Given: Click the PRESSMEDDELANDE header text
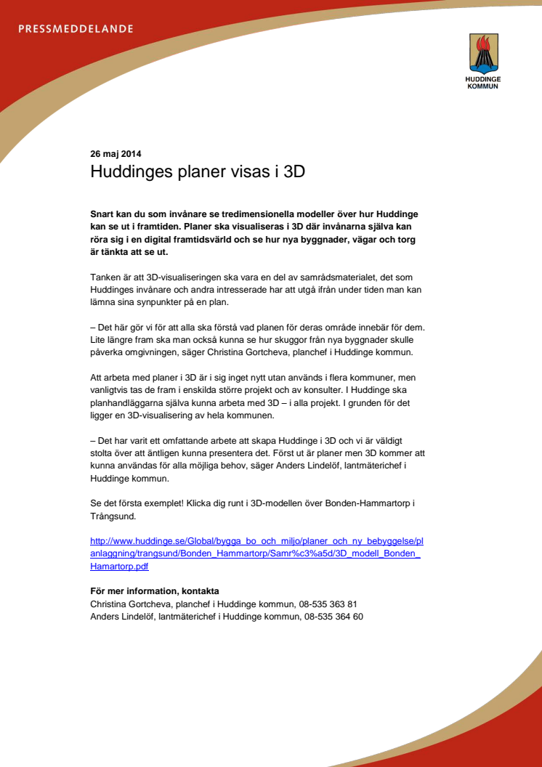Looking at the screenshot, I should coord(75,29).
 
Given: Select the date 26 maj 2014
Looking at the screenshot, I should coord(116,154).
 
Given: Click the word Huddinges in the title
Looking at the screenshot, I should coord(131,173).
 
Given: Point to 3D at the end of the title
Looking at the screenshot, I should coord(293,173).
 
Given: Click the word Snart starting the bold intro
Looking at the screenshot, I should coord(104,216).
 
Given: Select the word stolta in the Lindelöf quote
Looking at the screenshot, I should coord(102,453).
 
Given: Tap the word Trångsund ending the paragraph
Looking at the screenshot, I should coord(114,516).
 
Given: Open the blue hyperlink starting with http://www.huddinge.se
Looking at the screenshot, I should coord(254,541).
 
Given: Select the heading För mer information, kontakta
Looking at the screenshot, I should coord(154,591).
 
